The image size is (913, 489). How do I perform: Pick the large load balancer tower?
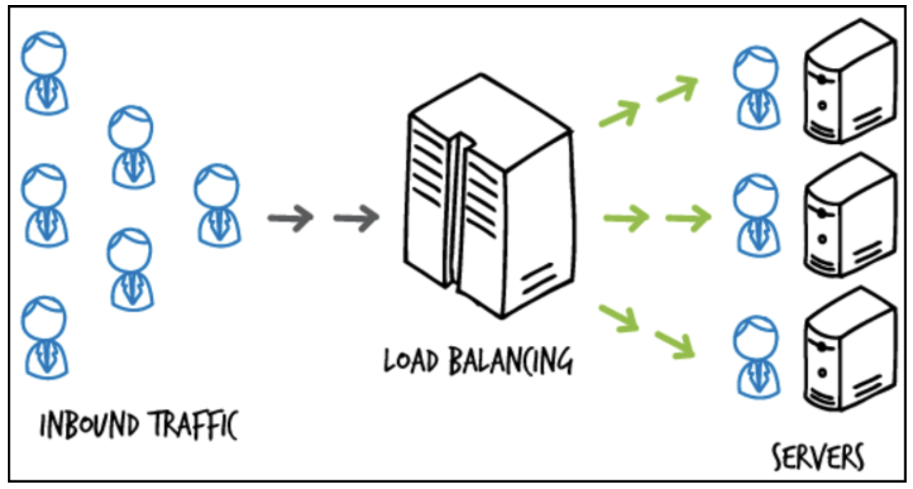tap(489, 199)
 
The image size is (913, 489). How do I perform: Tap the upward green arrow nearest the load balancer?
tap(620, 114)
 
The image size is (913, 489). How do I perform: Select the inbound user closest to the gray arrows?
tap(217, 204)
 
